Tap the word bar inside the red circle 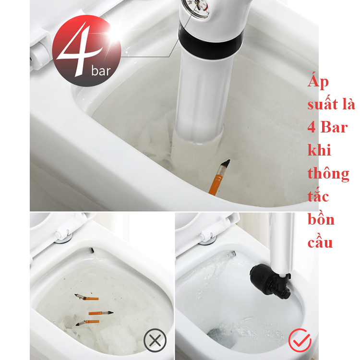coord(101,71)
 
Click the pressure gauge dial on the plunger coord(196,7)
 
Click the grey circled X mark coord(155,340)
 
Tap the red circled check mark coord(300,340)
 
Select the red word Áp coord(318,82)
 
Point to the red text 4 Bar coord(328,127)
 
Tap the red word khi coord(319,150)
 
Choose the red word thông coord(328,174)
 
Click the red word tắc coord(318,196)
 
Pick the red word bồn coord(321,219)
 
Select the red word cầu coord(320,242)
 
